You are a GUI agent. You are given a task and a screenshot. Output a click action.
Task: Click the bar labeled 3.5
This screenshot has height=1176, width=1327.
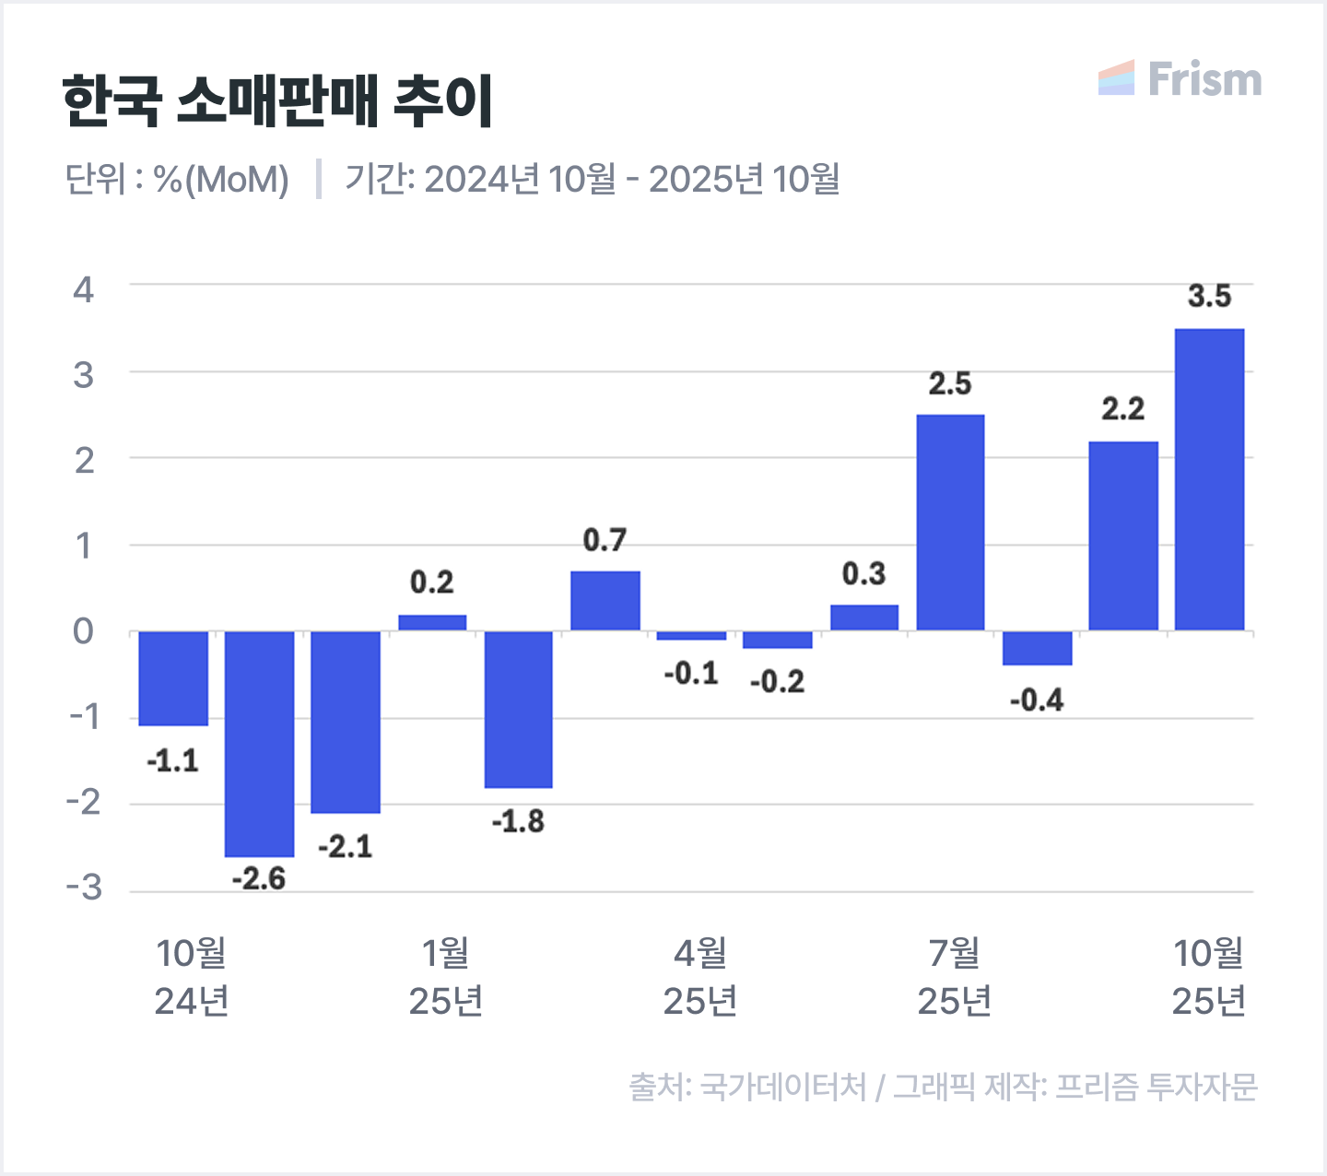[1209, 479]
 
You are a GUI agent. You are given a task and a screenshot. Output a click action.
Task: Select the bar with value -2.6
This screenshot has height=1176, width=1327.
[259, 744]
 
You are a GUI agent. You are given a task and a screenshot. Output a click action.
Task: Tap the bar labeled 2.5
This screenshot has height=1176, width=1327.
[950, 523]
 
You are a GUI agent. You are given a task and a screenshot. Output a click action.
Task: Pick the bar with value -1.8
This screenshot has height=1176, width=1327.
[519, 709]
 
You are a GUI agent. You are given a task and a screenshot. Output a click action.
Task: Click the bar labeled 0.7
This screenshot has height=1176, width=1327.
[605, 601]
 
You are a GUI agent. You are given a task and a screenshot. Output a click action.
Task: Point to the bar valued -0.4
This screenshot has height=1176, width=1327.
[1037, 648]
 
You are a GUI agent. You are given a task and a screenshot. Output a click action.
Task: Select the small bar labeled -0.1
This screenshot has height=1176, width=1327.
[691, 635]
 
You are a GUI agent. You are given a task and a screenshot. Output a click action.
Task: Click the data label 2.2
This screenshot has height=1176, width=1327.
[1122, 408]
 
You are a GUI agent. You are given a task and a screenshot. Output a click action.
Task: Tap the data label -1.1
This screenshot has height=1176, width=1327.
[172, 761]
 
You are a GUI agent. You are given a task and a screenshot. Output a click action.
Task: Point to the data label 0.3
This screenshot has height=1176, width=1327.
[863, 574]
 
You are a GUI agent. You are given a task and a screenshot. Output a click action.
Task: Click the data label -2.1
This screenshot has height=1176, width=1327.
[346, 846]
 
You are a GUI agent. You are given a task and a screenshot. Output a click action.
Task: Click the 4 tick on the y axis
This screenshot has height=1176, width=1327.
[84, 290]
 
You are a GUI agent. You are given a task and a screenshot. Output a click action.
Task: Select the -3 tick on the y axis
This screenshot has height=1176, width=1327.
[84, 888]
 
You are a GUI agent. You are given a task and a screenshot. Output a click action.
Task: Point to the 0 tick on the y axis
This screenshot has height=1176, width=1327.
[84, 632]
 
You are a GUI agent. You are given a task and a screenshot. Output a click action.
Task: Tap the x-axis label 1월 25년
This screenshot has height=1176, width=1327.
[446, 977]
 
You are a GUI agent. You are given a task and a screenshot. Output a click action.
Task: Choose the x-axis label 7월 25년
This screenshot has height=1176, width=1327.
[954, 977]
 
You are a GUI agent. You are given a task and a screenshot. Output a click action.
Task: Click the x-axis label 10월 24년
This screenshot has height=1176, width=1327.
[192, 977]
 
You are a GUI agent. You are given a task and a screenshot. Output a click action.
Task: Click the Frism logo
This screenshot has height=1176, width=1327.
[1180, 79]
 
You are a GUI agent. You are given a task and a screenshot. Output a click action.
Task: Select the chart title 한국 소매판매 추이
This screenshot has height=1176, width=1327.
[277, 101]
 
